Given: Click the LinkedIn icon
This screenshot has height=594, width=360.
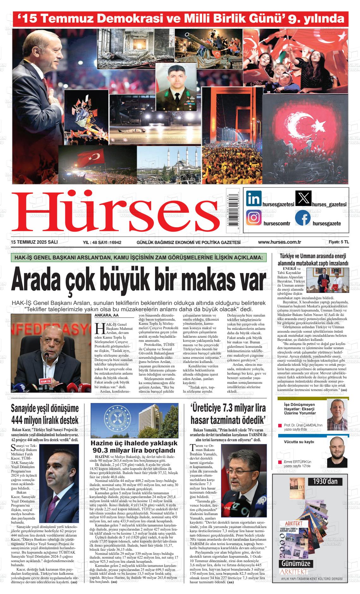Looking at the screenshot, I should click(254, 199).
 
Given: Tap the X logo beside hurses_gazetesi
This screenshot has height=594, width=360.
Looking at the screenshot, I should click(303, 199).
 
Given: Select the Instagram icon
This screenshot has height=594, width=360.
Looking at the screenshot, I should click(254, 218).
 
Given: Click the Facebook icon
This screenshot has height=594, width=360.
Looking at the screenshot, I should click(303, 218).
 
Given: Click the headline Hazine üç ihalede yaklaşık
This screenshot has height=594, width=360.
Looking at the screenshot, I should click(134, 443).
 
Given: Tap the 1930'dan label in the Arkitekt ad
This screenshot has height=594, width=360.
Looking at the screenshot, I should click(325, 481).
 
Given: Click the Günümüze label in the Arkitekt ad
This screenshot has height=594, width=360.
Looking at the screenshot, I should click(296, 563).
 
